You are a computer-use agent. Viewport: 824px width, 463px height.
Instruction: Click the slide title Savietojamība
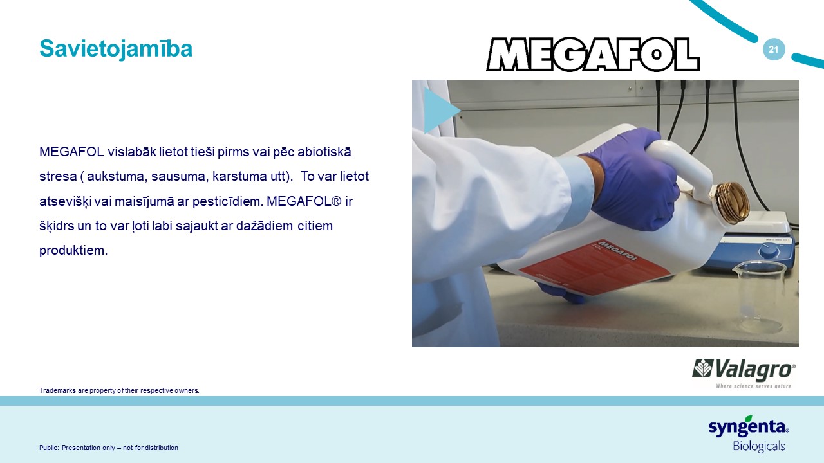(x=116, y=49)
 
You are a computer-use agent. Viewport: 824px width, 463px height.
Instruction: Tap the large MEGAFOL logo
(x=593, y=54)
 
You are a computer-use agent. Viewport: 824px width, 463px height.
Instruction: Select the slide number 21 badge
(x=774, y=50)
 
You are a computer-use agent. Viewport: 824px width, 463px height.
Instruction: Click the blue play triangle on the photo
(x=440, y=110)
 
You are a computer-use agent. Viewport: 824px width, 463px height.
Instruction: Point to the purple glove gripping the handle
(x=633, y=180)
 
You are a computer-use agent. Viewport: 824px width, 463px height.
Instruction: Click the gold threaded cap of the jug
(x=731, y=203)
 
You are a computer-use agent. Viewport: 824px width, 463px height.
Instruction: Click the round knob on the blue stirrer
(x=769, y=251)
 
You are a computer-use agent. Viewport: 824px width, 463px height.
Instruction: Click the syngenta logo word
(x=749, y=427)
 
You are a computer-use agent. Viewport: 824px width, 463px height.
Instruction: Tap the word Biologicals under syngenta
(x=759, y=446)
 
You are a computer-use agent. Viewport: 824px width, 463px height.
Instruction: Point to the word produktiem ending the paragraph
(x=73, y=251)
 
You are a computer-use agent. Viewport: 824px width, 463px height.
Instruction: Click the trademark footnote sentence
(x=119, y=390)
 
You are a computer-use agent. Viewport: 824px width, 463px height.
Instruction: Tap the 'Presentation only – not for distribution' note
(x=120, y=448)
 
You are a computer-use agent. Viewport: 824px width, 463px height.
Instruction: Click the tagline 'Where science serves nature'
(x=753, y=386)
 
